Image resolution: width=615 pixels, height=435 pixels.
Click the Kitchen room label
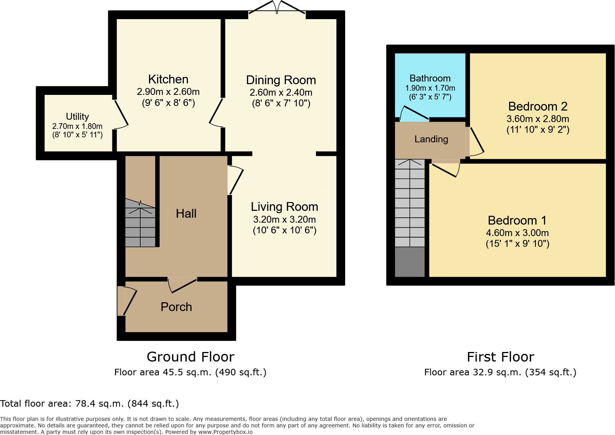[x=168, y=80]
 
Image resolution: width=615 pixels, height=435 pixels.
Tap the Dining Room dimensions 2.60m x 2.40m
[x=281, y=93]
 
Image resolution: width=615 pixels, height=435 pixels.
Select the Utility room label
[x=78, y=117]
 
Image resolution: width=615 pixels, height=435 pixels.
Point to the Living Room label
[x=284, y=207]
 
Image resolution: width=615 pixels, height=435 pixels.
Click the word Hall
[x=186, y=213]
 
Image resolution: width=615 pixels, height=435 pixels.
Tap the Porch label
[x=176, y=307]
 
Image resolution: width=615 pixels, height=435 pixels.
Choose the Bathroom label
[x=430, y=78]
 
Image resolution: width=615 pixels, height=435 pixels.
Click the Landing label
[x=431, y=139]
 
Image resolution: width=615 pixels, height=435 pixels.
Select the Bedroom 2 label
[x=538, y=106]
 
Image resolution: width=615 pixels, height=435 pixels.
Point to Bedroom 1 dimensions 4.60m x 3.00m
[x=517, y=233]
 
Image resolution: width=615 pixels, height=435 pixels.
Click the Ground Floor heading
[x=191, y=357]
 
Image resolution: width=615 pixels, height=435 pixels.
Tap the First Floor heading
[x=500, y=357]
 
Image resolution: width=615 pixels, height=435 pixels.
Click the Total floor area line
[x=89, y=403]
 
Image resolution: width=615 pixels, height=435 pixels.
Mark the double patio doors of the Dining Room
[x=277, y=7]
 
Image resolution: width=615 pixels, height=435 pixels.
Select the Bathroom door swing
[x=414, y=113]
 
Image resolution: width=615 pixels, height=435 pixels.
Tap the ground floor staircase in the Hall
[x=140, y=223]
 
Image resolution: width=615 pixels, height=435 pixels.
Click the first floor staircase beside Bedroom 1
[x=410, y=204]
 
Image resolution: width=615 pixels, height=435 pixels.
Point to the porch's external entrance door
[x=127, y=301]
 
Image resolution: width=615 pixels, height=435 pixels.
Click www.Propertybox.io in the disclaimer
[x=225, y=432]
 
